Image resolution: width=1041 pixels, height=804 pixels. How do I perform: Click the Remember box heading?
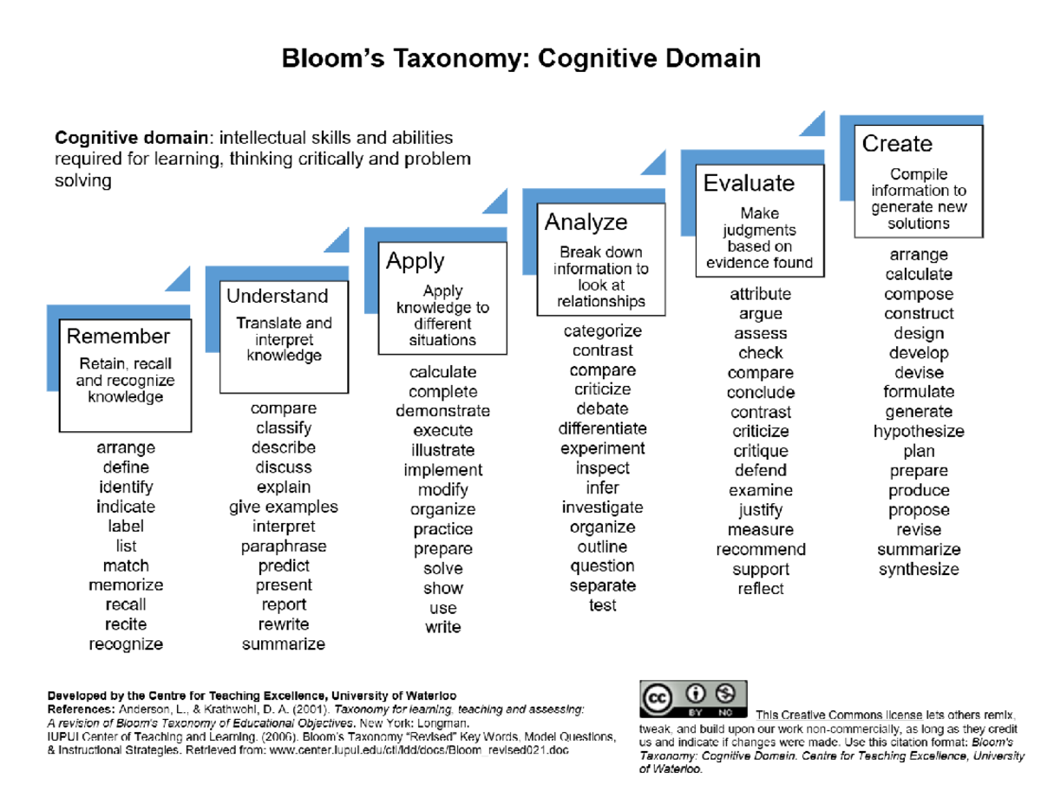(x=118, y=337)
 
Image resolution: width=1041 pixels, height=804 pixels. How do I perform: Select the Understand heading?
(x=278, y=297)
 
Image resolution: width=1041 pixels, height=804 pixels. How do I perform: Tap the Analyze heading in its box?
(x=586, y=223)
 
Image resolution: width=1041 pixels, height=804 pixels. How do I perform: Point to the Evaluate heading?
(x=749, y=184)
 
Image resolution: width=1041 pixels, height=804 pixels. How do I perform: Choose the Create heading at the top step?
(x=897, y=144)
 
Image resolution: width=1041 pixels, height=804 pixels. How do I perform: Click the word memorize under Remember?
(x=126, y=585)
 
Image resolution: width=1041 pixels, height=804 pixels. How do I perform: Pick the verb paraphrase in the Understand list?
(x=284, y=546)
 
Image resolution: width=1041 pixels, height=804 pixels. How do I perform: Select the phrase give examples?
(x=284, y=507)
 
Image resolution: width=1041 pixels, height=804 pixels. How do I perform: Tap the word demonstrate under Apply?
(x=442, y=411)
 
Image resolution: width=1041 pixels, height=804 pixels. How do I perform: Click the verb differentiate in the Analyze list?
(x=602, y=429)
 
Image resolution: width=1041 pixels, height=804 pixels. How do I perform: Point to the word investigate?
(x=602, y=507)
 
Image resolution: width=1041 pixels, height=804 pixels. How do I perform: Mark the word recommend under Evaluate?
(x=761, y=550)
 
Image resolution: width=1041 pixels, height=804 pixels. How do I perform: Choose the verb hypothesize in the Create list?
(x=919, y=432)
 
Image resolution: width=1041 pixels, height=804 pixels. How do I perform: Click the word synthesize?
(x=919, y=570)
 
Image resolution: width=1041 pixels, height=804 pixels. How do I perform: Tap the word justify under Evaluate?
(x=761, y=510)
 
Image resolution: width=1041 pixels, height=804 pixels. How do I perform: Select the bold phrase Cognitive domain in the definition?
(x=131, y=138)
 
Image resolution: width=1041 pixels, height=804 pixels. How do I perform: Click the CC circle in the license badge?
(x=657, y=696)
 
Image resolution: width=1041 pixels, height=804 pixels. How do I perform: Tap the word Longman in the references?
(x=443, y=722)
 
